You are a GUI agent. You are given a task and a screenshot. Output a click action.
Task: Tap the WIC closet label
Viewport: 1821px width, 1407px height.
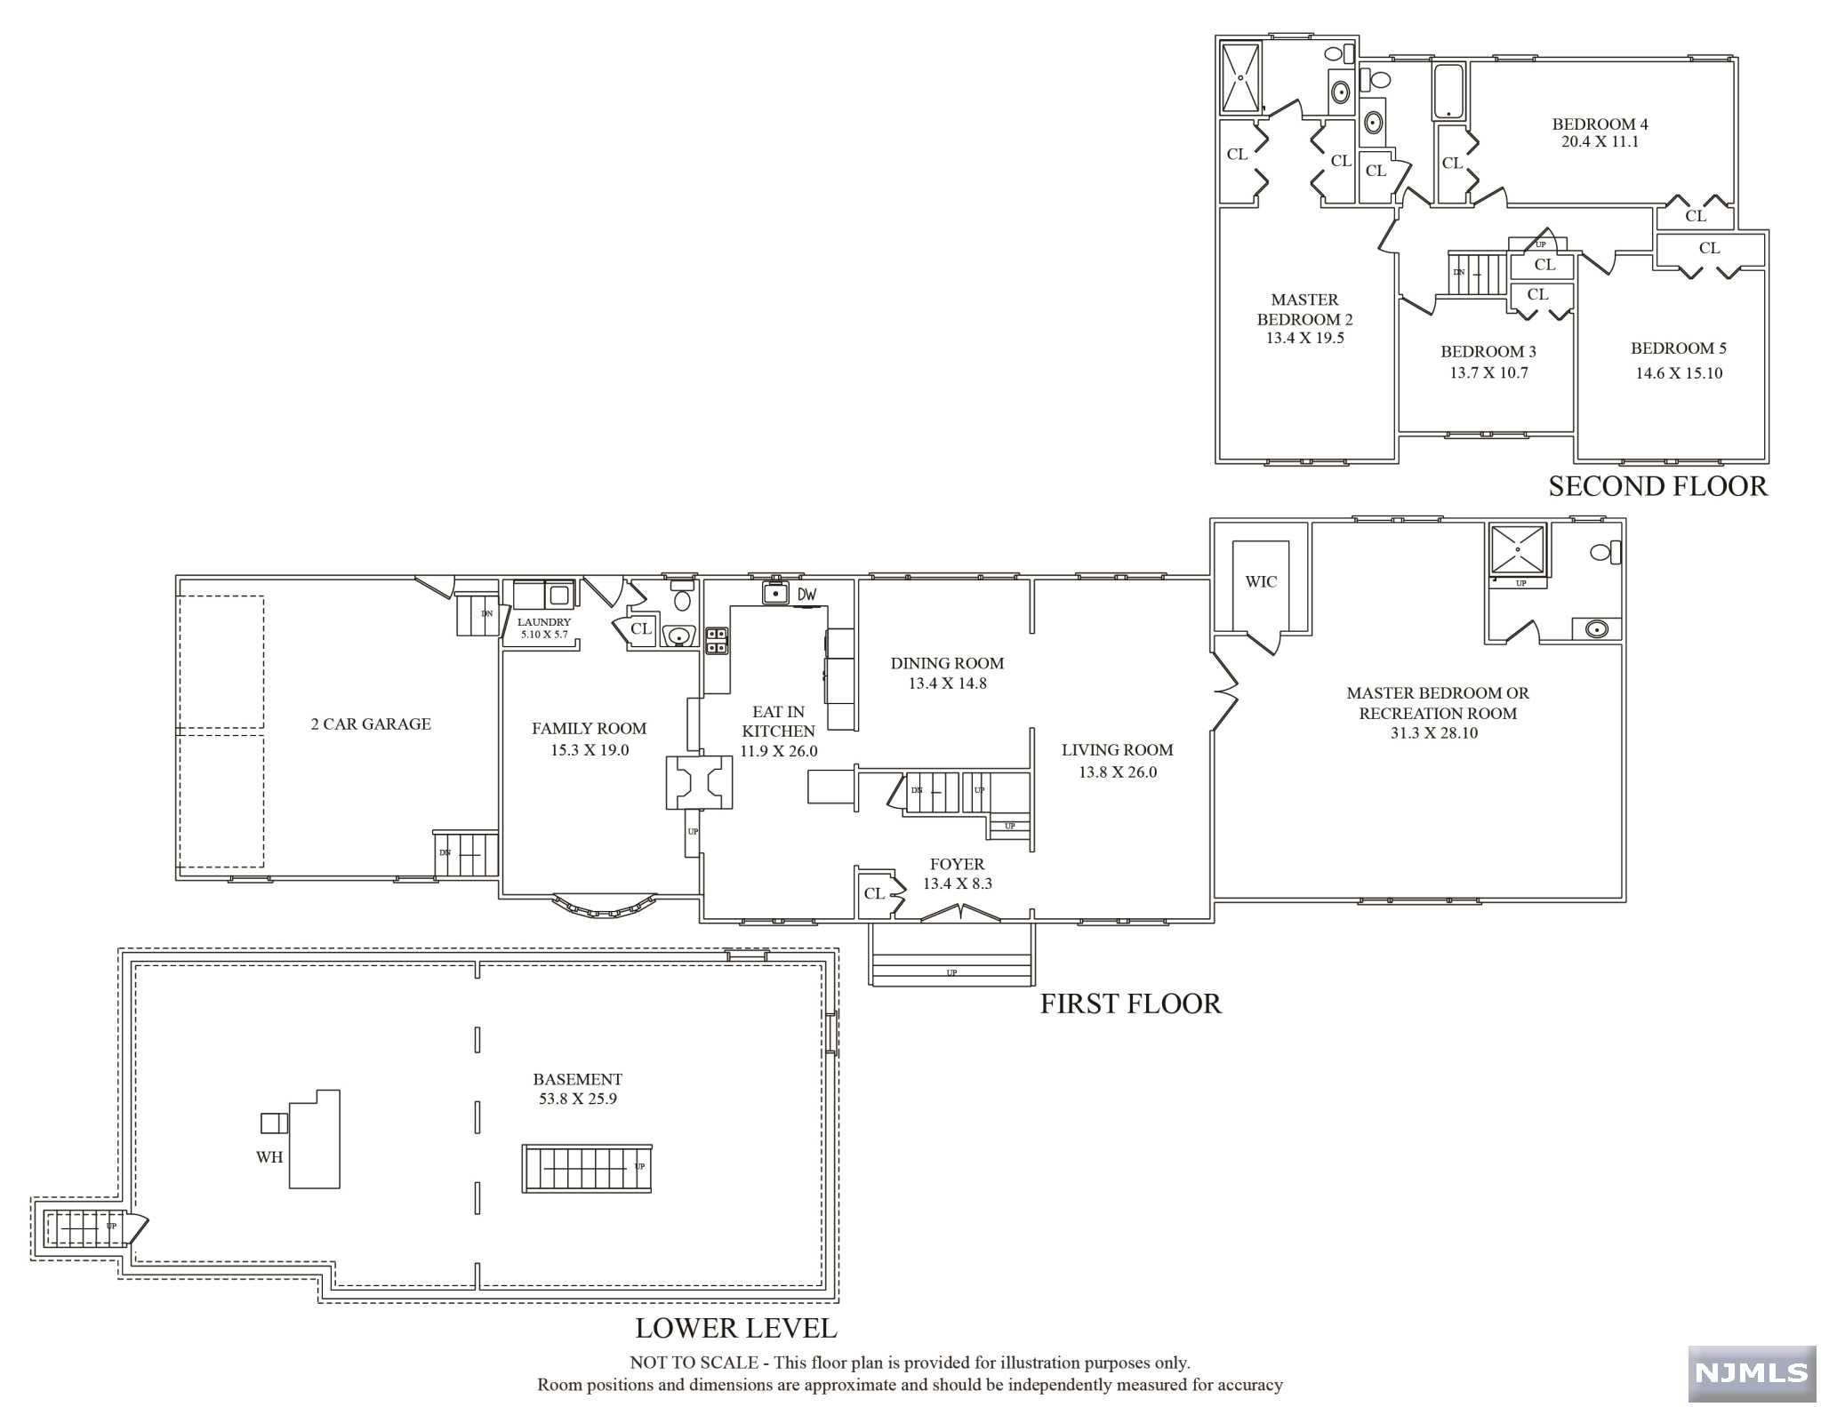(x=1261, y=582)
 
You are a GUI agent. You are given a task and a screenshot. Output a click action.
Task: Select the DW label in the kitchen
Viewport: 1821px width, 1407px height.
(x=806, y=594)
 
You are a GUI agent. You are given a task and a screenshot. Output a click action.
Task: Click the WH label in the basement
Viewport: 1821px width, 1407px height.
(x=269, y=1157)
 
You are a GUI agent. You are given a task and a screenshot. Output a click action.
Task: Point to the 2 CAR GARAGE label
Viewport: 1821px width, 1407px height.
(x=371, y=724)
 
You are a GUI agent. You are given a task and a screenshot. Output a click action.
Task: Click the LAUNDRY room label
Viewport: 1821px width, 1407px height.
(x=544, y=622)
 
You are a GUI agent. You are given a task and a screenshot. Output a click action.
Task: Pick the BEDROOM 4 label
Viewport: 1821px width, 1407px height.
(x=1600, y=124)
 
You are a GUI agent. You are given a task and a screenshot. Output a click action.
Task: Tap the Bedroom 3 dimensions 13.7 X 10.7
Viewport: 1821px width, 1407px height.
(x=1488, y=373)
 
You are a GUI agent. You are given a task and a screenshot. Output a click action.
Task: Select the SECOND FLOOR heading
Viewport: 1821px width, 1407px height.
(x=1658, y=486)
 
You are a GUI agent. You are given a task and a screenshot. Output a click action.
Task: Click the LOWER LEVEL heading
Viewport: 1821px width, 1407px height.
(x=736, y=1328)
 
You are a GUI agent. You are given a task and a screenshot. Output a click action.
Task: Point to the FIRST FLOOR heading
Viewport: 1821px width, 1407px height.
(x=1131, y=1003)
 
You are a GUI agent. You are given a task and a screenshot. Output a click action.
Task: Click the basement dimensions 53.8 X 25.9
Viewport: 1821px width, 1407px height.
(x=578, y=1099)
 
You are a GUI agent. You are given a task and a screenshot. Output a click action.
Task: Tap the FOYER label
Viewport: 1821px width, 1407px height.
(x=958, y=864)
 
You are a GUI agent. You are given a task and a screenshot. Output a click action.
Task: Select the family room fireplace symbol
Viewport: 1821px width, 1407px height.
(x=699, y=782)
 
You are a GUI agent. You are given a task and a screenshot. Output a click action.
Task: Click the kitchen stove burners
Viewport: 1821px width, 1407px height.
(x=717, y=640)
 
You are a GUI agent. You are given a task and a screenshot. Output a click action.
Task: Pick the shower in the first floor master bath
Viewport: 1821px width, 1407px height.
(x=1519, y=550)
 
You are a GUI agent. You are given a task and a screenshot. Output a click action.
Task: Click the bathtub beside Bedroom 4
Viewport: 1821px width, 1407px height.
(x=1449, y=91)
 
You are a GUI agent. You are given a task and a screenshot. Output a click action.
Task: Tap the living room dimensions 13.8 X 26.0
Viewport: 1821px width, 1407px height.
(x=1118, y=772)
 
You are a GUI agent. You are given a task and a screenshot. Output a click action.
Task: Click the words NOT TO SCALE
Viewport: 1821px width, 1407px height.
(x=694, y=1363)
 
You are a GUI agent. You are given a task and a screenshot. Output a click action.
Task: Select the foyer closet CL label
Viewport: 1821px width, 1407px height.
(x=874, y=893)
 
